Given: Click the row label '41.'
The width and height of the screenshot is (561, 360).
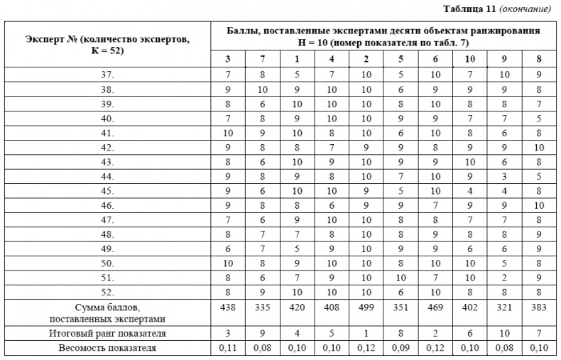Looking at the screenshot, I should tap(107, 132).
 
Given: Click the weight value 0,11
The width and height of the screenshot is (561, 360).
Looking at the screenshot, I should tap(227, 348).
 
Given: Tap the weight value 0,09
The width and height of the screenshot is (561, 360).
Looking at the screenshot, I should tap(401, 348).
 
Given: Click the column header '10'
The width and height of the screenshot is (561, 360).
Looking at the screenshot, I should tap(470, 58).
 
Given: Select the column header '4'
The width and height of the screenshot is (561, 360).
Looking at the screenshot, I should tap(332, 58).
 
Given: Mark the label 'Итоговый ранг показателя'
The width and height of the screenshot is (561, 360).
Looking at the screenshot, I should tap(107, 332).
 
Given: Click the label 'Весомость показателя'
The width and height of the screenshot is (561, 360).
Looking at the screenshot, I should tap(107, 348).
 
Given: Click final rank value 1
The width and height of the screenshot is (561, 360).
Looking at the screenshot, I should tap(366, 332).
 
